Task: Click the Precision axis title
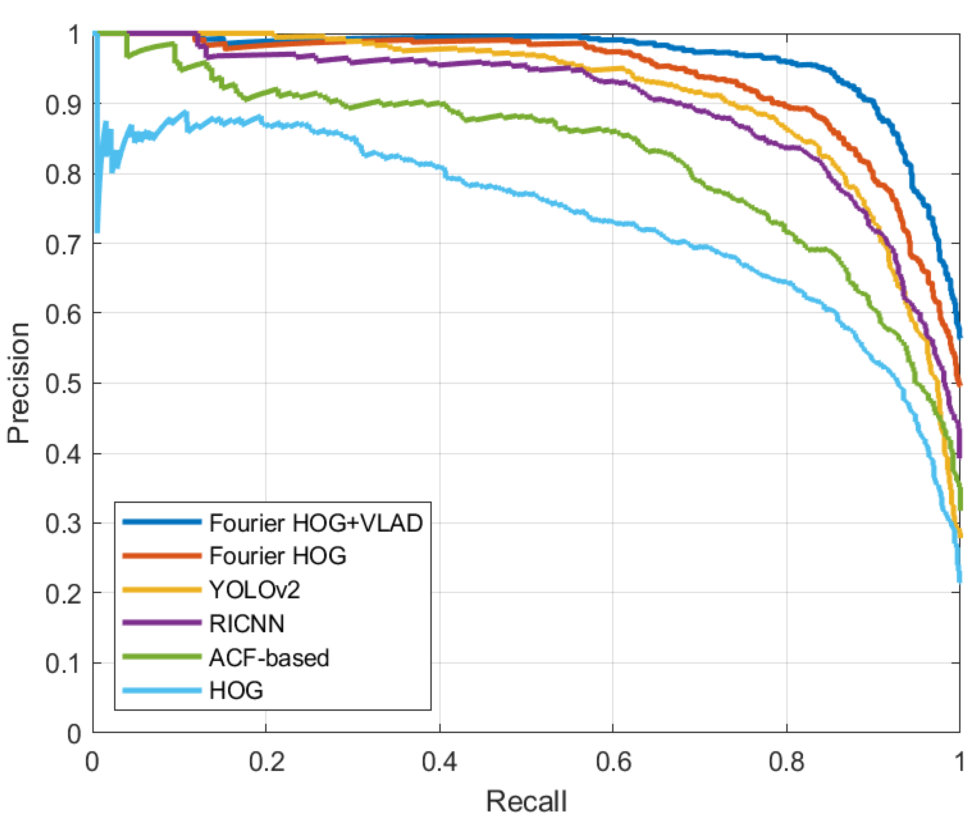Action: tap(19, 383)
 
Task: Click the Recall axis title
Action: tap(526, 801)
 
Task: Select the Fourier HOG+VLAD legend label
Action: tap(315, 523)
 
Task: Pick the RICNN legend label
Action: tap(246, 624)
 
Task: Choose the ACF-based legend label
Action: tap(269, 657)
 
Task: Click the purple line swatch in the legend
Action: tap(162, 623)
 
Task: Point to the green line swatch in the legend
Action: tap(162, 657)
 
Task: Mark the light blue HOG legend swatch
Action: tap(162, 690)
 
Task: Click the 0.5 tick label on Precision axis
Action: tap(63, 383)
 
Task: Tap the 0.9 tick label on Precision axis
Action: tap(63, 105)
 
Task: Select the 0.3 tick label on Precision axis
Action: tap(63, 523)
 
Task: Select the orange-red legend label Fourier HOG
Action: tap(278, 556)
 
